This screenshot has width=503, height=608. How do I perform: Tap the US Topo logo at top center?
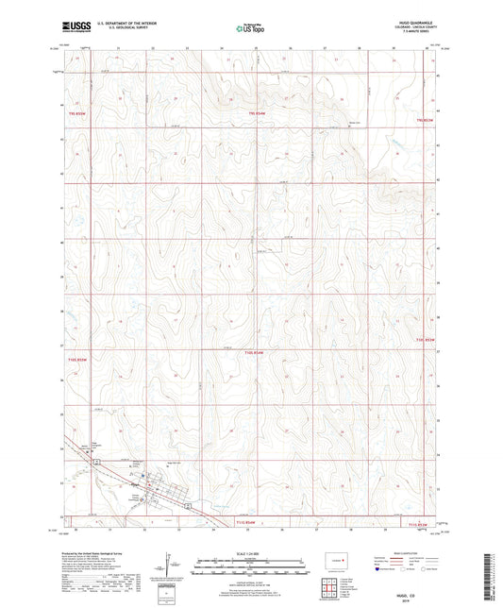click(250, 28)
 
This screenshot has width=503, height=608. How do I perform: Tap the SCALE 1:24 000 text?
click(250, 554)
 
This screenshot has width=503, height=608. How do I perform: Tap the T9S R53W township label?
click(422, 121)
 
